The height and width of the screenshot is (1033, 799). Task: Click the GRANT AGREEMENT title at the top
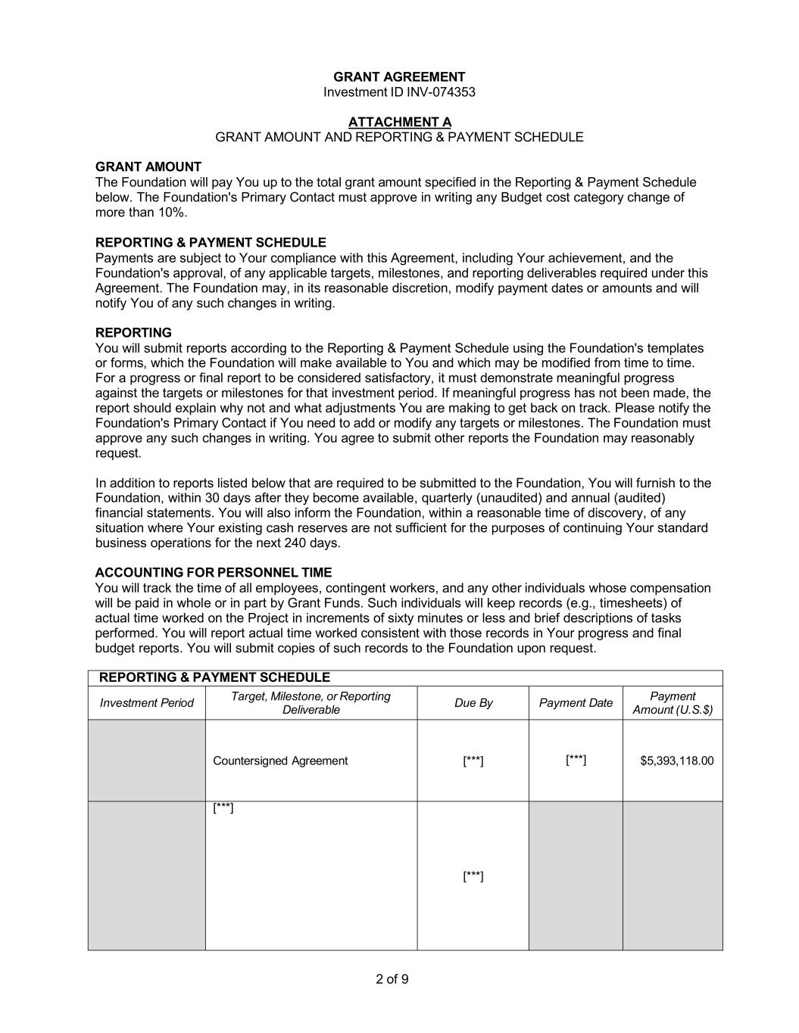point(399,77)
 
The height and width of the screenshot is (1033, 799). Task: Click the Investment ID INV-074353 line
point(399,92)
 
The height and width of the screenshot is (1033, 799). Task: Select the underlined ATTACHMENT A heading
point(399,122)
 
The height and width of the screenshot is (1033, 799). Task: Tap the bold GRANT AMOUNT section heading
point(148,166)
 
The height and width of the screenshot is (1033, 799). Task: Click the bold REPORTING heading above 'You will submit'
point(133,332)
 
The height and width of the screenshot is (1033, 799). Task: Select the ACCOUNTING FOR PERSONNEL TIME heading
point(214,573)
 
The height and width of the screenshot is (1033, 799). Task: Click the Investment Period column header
point(147,703)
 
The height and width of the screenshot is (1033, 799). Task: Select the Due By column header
point(473,703)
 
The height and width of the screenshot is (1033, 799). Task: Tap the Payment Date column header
point(576,703)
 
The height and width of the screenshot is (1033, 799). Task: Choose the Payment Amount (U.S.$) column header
point(673,703)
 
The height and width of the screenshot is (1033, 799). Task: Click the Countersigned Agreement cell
point(280,761)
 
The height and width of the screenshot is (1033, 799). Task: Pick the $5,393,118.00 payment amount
point(677,761)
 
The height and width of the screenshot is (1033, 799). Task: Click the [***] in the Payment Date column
point(576,759)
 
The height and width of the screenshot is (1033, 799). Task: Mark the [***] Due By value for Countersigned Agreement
point(473,761)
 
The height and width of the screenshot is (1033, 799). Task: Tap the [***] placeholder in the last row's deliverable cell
point(223,808)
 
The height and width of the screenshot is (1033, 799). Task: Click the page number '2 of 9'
point(392,979)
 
